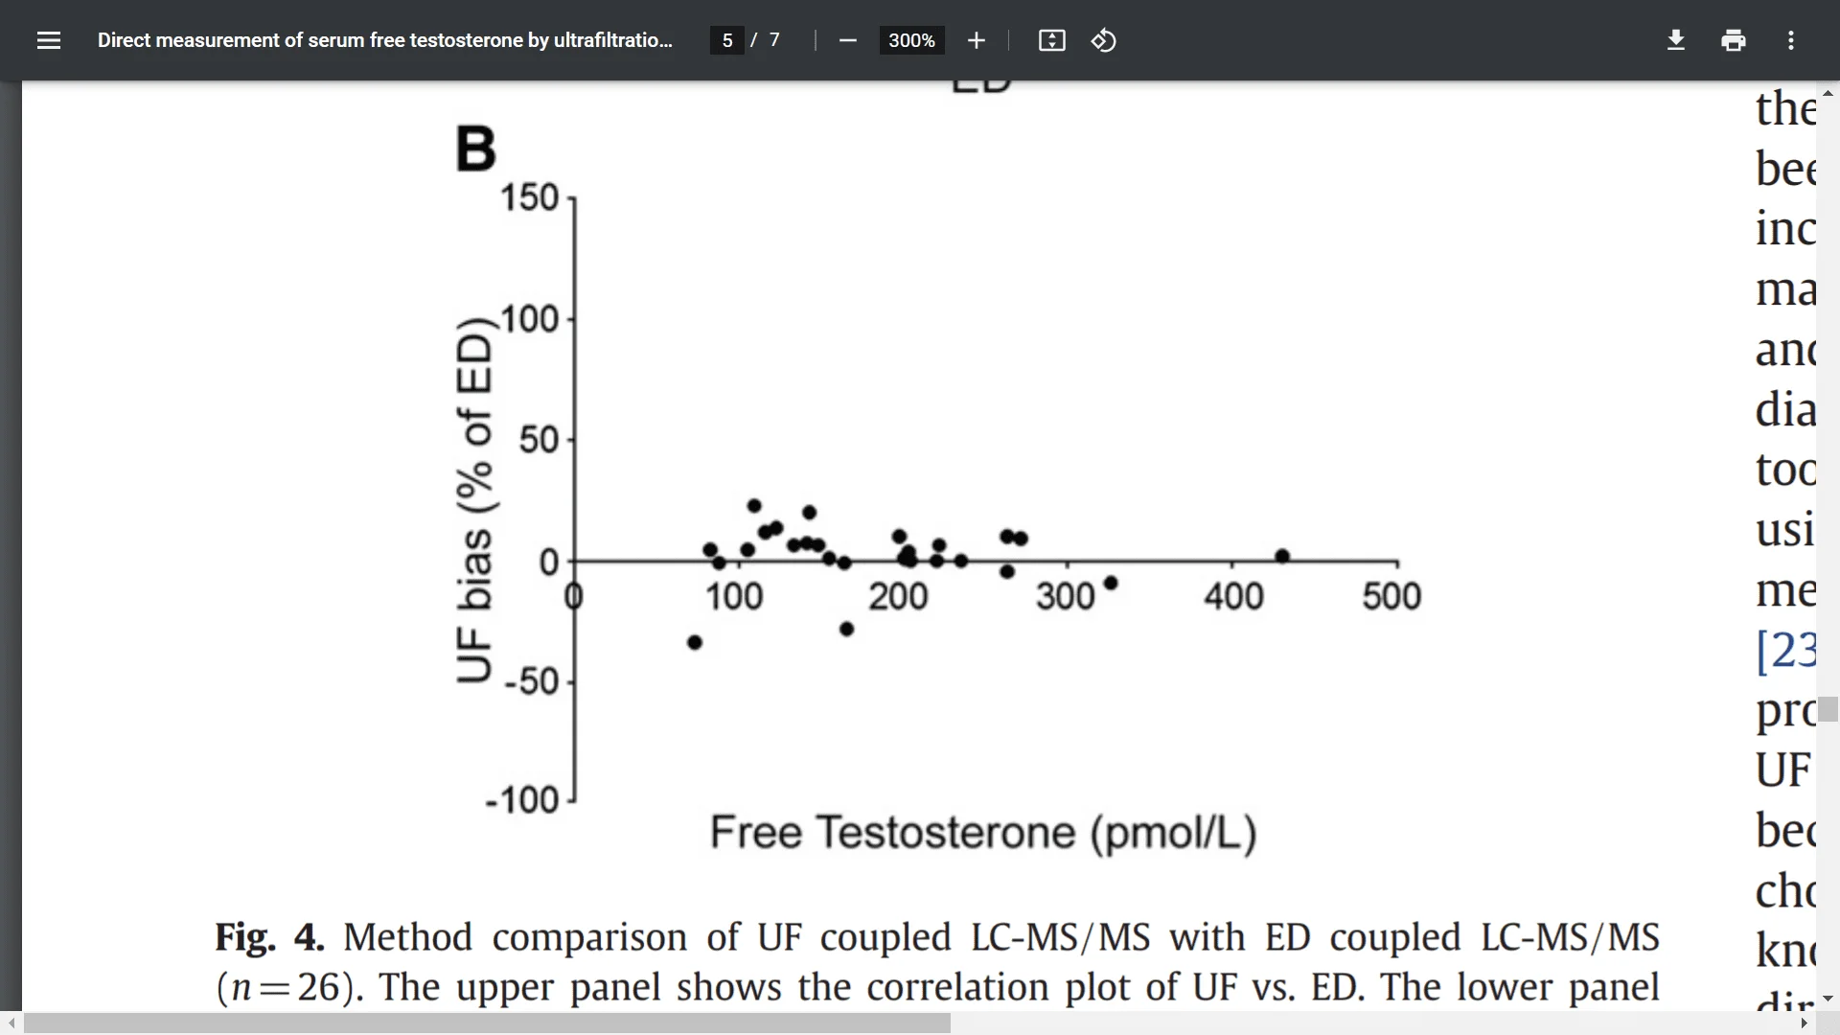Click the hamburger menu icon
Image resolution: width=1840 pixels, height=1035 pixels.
pos(49,40)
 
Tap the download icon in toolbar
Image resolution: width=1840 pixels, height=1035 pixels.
pos(1676,40)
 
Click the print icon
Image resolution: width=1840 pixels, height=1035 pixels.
pos(1734,40)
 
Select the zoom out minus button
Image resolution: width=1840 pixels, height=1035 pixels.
pos(847,40)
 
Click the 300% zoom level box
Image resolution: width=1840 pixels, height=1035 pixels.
pos(911,40)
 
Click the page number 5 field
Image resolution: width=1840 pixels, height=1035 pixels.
pos(727,40)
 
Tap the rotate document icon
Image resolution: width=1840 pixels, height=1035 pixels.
pos(1104,40)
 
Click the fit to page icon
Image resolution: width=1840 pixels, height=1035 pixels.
pos(1051,40)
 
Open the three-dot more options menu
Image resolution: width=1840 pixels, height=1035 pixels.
pos(1791,40)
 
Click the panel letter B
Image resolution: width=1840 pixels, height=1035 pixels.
pos(475,149)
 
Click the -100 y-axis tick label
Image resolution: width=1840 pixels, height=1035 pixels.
pos(522,799)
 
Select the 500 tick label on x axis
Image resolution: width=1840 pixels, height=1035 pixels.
pos(1391,596)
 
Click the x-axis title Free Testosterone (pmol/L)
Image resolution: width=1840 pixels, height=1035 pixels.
pos(983,832)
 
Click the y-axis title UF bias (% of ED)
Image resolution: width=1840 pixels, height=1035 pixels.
pos(474,499)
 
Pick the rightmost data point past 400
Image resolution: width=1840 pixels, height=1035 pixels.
pos(1282,556)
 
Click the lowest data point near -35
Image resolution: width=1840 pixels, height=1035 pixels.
pos(695,642)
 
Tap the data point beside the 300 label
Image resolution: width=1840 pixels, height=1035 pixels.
pos(1111,583)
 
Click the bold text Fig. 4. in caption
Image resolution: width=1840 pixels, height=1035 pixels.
pos(269,937)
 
